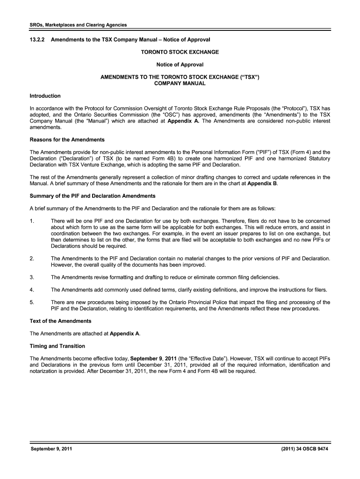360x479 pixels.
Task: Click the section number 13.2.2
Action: (x=38, y=40)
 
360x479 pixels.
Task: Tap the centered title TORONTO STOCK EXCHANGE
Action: (x=180, y=52)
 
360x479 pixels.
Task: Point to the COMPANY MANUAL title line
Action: (x=180, y=84)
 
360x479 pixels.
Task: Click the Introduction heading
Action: (x=45, y=96)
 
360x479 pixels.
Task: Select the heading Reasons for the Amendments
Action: (x=67, y=140)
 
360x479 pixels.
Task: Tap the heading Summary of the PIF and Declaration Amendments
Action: (x=93, y=196)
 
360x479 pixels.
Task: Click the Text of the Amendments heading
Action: (x=61, y=321)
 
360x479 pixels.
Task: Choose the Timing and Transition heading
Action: (x=58, y=346)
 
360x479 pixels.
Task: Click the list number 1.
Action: (x=32, y=220)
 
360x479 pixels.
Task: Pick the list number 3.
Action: (x=32, y=277)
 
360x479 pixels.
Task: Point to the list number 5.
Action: (x=32, y=302)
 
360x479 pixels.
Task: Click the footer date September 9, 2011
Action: (x=51, y=450)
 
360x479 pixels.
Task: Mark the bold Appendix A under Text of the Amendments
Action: (x=124, y=334)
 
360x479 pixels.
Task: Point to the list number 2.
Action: (x=32, y=258)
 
